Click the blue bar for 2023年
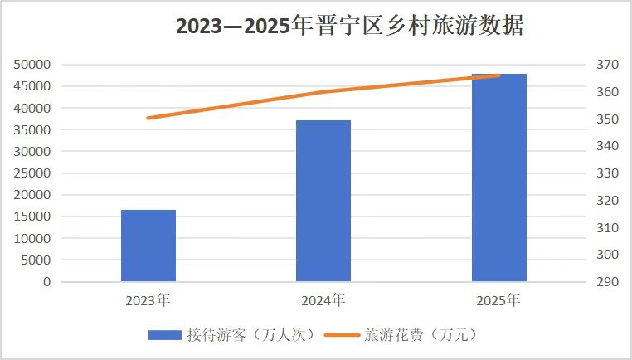(x=148, y=246)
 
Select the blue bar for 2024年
(x=323, y=201)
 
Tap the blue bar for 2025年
(x=498, y=178)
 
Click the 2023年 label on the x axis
(x=148, y=299)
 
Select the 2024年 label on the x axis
(x=323, y=299)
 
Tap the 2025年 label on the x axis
(x=498, y=299)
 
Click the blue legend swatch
(x=164, y=335)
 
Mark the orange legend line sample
(x=342, y=335)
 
